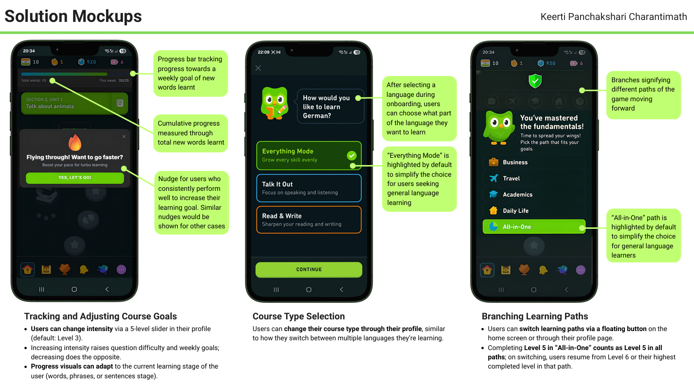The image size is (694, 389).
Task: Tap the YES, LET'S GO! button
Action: pos(74,178)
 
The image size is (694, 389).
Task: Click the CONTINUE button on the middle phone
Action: pos(309,269)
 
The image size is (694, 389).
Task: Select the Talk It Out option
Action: pos(309,188)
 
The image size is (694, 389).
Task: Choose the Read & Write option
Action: pos(309,220)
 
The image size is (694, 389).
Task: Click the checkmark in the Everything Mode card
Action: pos(351,155)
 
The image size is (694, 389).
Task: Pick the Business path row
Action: pos(534,162)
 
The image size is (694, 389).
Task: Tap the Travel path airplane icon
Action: pos(493,178)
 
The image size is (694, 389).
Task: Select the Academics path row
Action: pos(534,194)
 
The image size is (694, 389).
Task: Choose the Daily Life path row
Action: pos(534,210)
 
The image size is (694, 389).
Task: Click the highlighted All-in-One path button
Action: pos(534,227)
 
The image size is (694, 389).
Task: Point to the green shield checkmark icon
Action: pos(535,81)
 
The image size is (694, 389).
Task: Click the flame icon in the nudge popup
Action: pos(74,143)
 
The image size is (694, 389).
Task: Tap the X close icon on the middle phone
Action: pos(258,68)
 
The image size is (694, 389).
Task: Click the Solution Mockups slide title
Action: pos(73,16)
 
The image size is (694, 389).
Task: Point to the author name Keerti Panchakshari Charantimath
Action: pos(614,17)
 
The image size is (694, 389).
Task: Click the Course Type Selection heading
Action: pos(298,316)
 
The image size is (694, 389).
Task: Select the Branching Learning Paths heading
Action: pos(534,316)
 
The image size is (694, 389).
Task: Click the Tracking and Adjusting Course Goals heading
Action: pos(100,316)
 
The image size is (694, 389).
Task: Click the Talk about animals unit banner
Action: pos(68,103)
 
